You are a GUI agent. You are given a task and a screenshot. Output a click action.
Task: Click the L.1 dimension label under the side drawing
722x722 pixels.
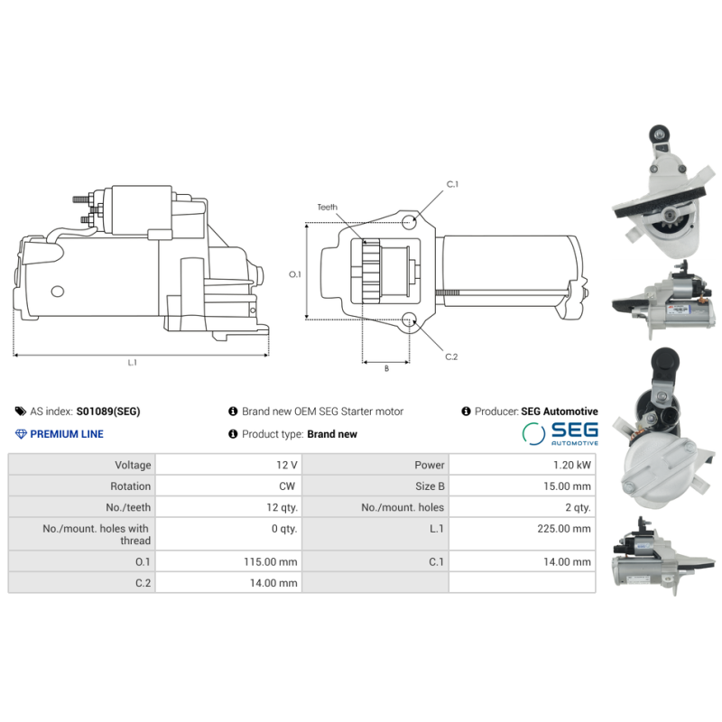pyautogui.click(x=132, y=363)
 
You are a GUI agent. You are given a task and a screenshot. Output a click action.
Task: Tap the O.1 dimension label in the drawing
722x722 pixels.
pyautogui.click(x=294, y=273)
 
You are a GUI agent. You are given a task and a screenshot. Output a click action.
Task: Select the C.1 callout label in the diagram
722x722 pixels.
pyautogui.click(x=452, y=184)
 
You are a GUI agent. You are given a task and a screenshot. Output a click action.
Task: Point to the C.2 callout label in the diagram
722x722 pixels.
pyautogui.click(x=451, y=356)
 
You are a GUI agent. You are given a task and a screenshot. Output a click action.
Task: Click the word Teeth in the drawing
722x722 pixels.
pyautogui.click(x=327, y=208)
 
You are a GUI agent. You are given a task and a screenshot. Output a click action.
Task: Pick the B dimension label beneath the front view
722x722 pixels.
pyautogui.click(x=386, y=368)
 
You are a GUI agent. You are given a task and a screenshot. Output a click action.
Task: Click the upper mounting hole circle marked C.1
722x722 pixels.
pyautogui.click(x=411, y=221)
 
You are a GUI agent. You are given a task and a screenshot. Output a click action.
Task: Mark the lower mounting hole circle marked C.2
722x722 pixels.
pyautogui.click(x=409, y=320)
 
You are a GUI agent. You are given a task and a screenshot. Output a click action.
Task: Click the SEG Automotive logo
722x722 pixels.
pyautogui.click(x=560, y=433)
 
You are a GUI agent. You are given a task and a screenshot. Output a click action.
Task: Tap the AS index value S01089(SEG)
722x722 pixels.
pyautogui.click(x=108, y=412)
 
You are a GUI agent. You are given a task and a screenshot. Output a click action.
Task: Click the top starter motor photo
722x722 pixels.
pyautogui.click(x=657, y=191)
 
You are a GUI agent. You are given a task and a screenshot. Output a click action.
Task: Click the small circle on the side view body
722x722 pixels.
pyautogui.click(x=59, y=292)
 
